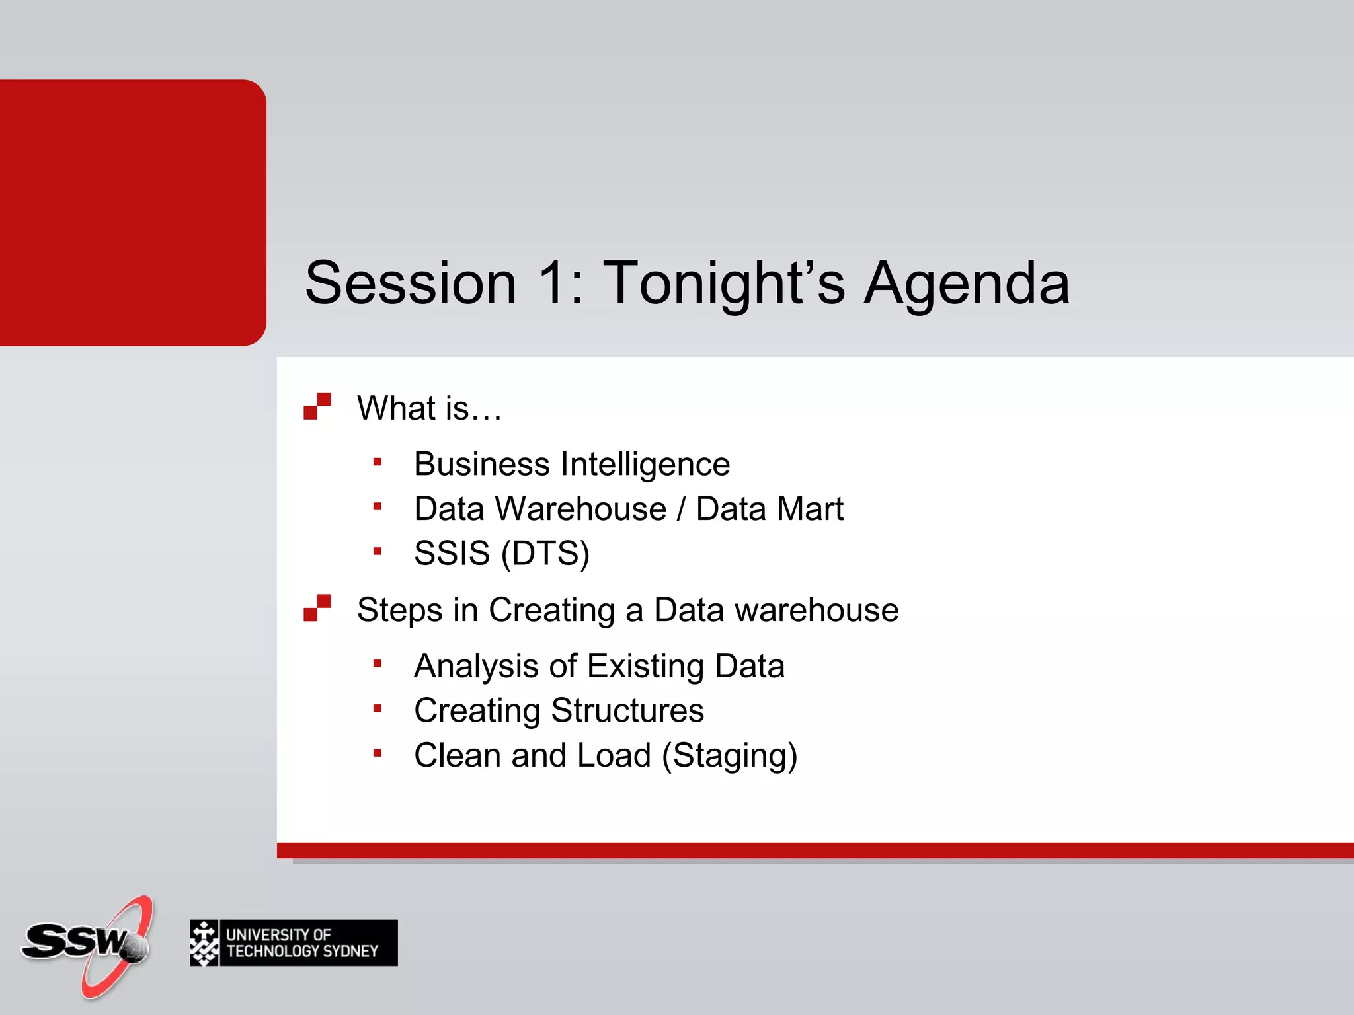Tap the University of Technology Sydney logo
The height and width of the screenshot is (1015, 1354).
coord(294,943)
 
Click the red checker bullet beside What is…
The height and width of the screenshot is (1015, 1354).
coord(317,406)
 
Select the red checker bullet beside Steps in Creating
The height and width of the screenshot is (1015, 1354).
coord(317,608)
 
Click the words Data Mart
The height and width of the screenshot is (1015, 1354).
coord(770,509)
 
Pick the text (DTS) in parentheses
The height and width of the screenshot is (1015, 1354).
coord(545,553)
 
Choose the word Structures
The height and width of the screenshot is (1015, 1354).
coord(627,711)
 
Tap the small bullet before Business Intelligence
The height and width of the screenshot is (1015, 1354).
coord(377,463)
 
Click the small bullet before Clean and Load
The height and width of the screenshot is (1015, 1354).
coord(377,753)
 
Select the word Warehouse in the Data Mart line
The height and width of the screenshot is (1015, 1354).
coord(581,509)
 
